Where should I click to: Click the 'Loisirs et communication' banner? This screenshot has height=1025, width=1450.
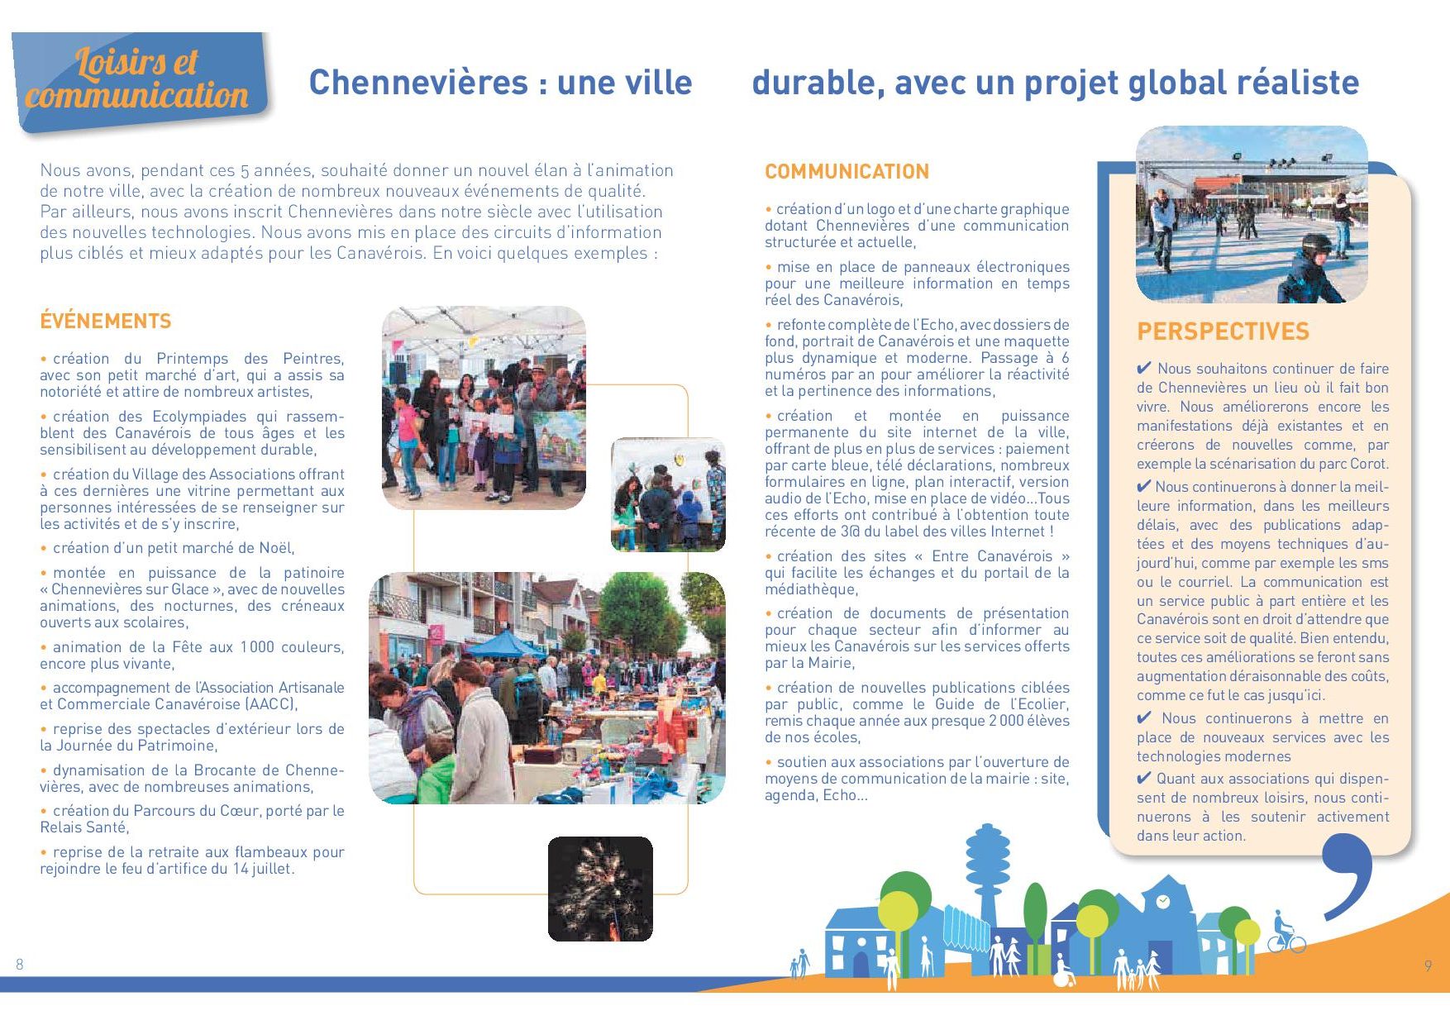(139, 80)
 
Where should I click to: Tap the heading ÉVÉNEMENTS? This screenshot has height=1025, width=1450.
(106, 321)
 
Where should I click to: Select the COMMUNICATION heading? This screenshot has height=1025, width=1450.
(847, 172)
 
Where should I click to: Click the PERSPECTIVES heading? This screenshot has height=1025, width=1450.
(1223, 332)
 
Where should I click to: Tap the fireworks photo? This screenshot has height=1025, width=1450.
(600, 889)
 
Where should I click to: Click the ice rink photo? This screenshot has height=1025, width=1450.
(1252, 215)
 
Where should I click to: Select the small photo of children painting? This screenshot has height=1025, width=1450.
(668, 495)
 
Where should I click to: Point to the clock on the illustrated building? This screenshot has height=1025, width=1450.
(1163, 901)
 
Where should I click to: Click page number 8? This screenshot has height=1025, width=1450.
(20, 964)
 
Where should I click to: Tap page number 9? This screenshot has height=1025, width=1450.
(1428, 965)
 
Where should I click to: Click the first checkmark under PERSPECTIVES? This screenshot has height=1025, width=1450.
(1144, 369)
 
